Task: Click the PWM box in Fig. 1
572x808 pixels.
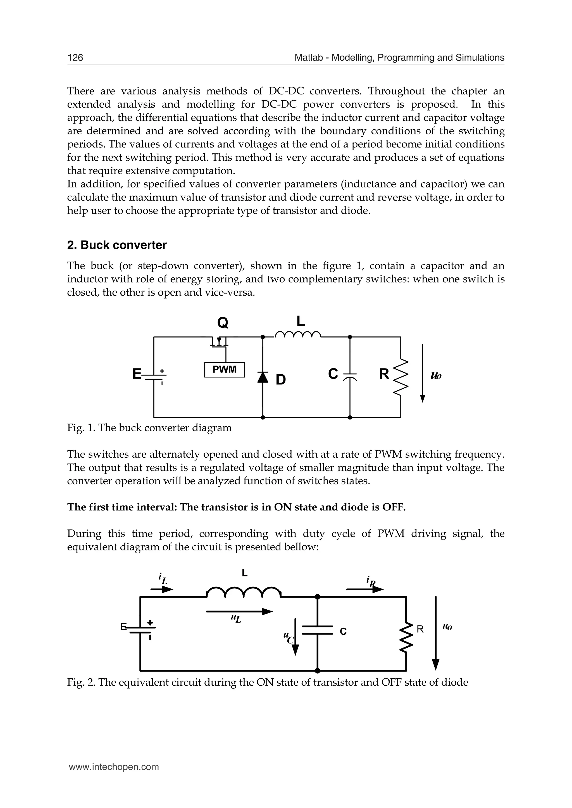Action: pos(224,370)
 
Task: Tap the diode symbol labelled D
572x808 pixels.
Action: pos(263,377)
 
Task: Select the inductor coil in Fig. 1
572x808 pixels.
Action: pos(298,334)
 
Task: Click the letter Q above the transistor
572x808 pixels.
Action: pos(223,322)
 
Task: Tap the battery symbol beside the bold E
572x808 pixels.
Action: pos(154,376)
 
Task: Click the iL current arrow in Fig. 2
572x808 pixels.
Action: pos(162,589)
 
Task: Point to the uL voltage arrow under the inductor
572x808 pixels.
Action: pos(240,612)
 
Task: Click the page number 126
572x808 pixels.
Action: pos(75,58)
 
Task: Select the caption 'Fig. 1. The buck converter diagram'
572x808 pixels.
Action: pos(149,428)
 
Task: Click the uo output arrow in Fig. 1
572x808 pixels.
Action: pos(423,373)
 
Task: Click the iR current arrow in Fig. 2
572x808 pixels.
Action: pos(365,589)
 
